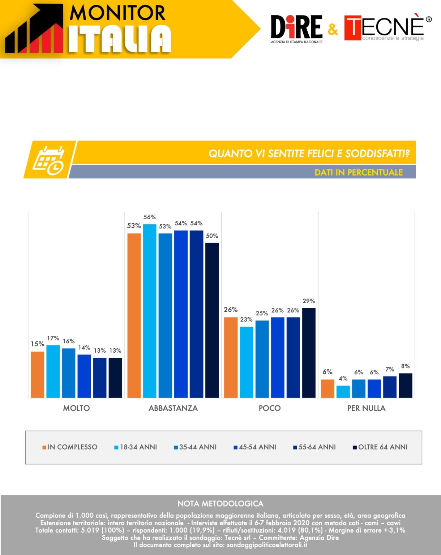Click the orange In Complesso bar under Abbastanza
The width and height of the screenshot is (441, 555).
pyautogui.click(x=134, y=315)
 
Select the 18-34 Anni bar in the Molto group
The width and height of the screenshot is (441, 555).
pyautogui.click(x=53, y=371)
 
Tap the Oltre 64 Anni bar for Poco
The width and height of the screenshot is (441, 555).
pyautogui.click(x=309, y=353)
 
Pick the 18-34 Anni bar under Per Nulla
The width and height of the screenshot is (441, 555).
pyautogui.click(x=343, y=391)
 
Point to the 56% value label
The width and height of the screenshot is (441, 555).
pyautogui.click(x=150, y=217)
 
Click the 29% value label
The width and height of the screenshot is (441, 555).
pyautogui.click(x=309, y=301)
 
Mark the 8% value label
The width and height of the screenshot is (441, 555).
pyautogui.click(x=405, y=366)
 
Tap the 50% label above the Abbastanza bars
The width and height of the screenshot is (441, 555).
pyautogui.click(x=212, y=236)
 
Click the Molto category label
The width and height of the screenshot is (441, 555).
pyautogui.click(x=76, y=408)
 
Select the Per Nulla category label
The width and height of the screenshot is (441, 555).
pyautogui.click(x=367, y=408)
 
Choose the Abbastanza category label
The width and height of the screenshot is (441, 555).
pyautogui.click(x=173, y=408)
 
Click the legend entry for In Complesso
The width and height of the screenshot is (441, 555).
pyautogui.click(x=70, y=447)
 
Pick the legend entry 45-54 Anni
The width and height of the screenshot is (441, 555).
pyautogui.click(x=255, y=447)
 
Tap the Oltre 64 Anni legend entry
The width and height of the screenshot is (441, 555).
pyautogui.click(x=380, y=447)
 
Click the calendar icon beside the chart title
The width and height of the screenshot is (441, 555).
pyautogui.click(x=48, y=160)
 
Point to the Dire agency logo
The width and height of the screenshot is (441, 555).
pyautogui.click(x=297, y=29)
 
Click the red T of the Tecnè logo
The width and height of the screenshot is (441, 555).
pyautogui.click(x=353, y=28)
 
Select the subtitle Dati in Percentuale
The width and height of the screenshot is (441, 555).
pyautogui.click(x=359, y=172)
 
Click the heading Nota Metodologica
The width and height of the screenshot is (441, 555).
pyautogui.click(x=220, y=504)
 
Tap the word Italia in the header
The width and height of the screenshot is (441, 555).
pyautogui.click(x=120, y=39)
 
